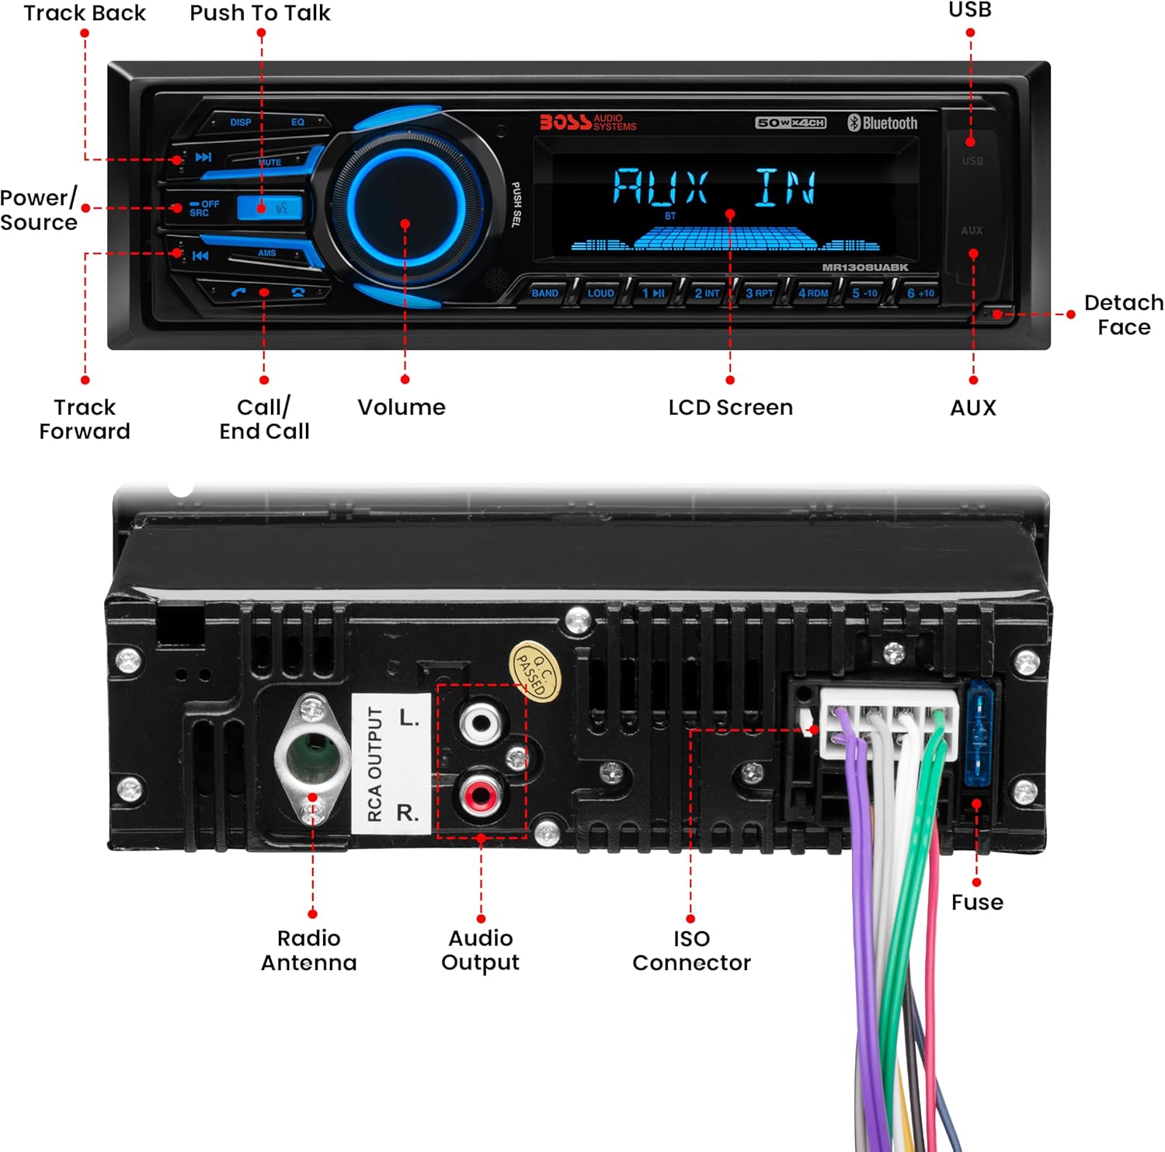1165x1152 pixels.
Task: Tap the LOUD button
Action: pyautogui.click(x=600, y=293)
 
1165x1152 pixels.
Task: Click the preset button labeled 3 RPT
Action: pyautogui.click(x=759, y=293)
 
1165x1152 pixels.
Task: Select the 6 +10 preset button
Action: pyautogui.click(x=920, y=293)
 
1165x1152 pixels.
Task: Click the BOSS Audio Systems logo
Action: pyautogui.click(x=588, y=123)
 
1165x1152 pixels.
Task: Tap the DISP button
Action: pyautogui.click(x=240, y=122)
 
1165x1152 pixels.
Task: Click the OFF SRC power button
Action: pyautogui.click(x=203, y=208)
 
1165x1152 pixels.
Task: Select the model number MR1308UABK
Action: pyautogui.click(x=864, y=267)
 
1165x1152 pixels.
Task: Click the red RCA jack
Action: pyautogui.click(x=479, y=795)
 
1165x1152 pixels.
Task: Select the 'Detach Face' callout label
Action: pyautogui.click(x=1123, y=315)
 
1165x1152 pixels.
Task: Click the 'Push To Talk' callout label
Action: pyautogui.click(x=260, y=13)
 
